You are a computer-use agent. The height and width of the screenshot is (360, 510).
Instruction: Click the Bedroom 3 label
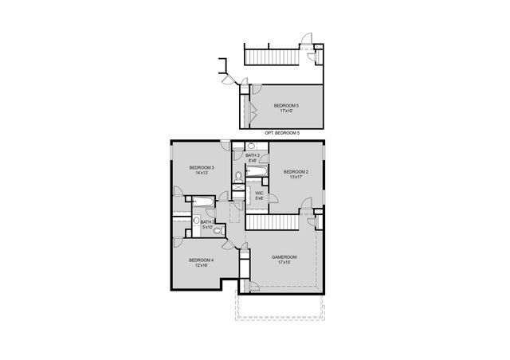coord(201,167)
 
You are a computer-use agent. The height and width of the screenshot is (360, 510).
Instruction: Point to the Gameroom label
coord(284,256)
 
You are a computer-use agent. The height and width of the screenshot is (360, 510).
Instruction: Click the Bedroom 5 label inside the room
coord(286,106)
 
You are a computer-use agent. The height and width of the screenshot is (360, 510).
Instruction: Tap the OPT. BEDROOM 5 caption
coord(282,132)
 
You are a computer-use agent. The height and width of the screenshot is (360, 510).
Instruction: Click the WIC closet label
coord(259,192)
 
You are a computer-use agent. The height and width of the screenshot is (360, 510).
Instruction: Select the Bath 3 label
coord(252,155)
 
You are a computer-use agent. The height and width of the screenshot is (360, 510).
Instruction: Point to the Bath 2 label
coord(207,222)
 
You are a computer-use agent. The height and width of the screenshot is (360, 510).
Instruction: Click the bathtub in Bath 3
coord(257,171)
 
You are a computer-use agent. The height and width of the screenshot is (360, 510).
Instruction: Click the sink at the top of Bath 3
coord(250,147)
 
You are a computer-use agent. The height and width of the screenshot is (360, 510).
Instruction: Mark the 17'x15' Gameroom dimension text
coord(284,262)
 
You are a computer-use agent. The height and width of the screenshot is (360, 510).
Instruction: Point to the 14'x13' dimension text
coord(201,173)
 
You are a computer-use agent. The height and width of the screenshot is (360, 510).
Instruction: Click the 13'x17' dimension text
coord(296,178)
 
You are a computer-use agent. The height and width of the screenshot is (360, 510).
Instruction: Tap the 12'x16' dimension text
coord(201,265)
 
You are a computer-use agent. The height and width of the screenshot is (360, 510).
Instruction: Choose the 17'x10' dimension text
coord(286,112)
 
